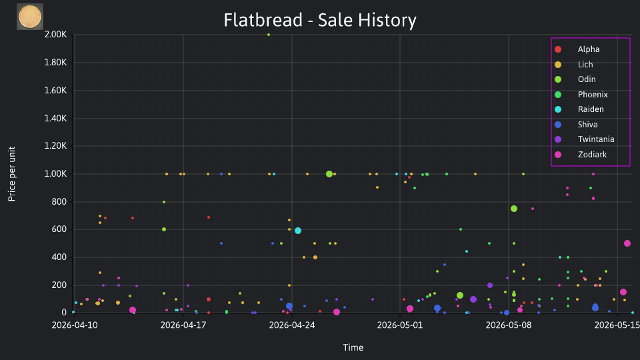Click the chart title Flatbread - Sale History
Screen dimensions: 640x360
320,20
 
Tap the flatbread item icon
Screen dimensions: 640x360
30,17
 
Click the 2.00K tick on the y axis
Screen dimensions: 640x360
55,35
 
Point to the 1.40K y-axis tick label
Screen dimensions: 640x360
55,119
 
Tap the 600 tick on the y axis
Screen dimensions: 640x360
59,229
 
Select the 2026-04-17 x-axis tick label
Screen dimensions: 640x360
183,325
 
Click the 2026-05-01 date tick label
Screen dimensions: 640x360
400,325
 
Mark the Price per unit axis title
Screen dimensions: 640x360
12,174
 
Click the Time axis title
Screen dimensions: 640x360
353,348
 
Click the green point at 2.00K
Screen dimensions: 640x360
269,35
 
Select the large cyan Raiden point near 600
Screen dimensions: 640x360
298,231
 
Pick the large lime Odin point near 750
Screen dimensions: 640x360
514,209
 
